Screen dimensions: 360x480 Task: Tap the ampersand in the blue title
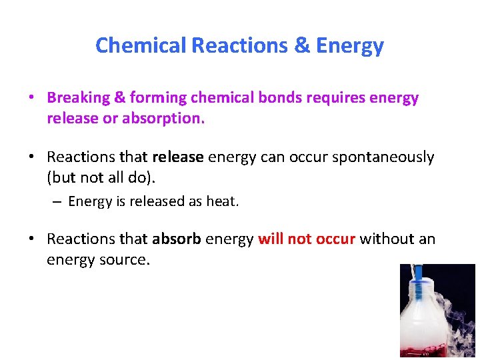click(x=301, y=45)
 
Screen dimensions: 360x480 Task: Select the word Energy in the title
click(x=350, y=45)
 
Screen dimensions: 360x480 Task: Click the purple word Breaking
click(x=78, y=98)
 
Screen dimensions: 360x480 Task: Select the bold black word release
click(x=178, y=157)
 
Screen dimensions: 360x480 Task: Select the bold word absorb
click(x=177, y=239)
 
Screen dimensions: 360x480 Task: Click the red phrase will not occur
click(x=307, y=239)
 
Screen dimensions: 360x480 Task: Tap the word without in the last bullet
click(x=384, y=239)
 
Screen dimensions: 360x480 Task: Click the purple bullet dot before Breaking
click(x=31, y=99)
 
